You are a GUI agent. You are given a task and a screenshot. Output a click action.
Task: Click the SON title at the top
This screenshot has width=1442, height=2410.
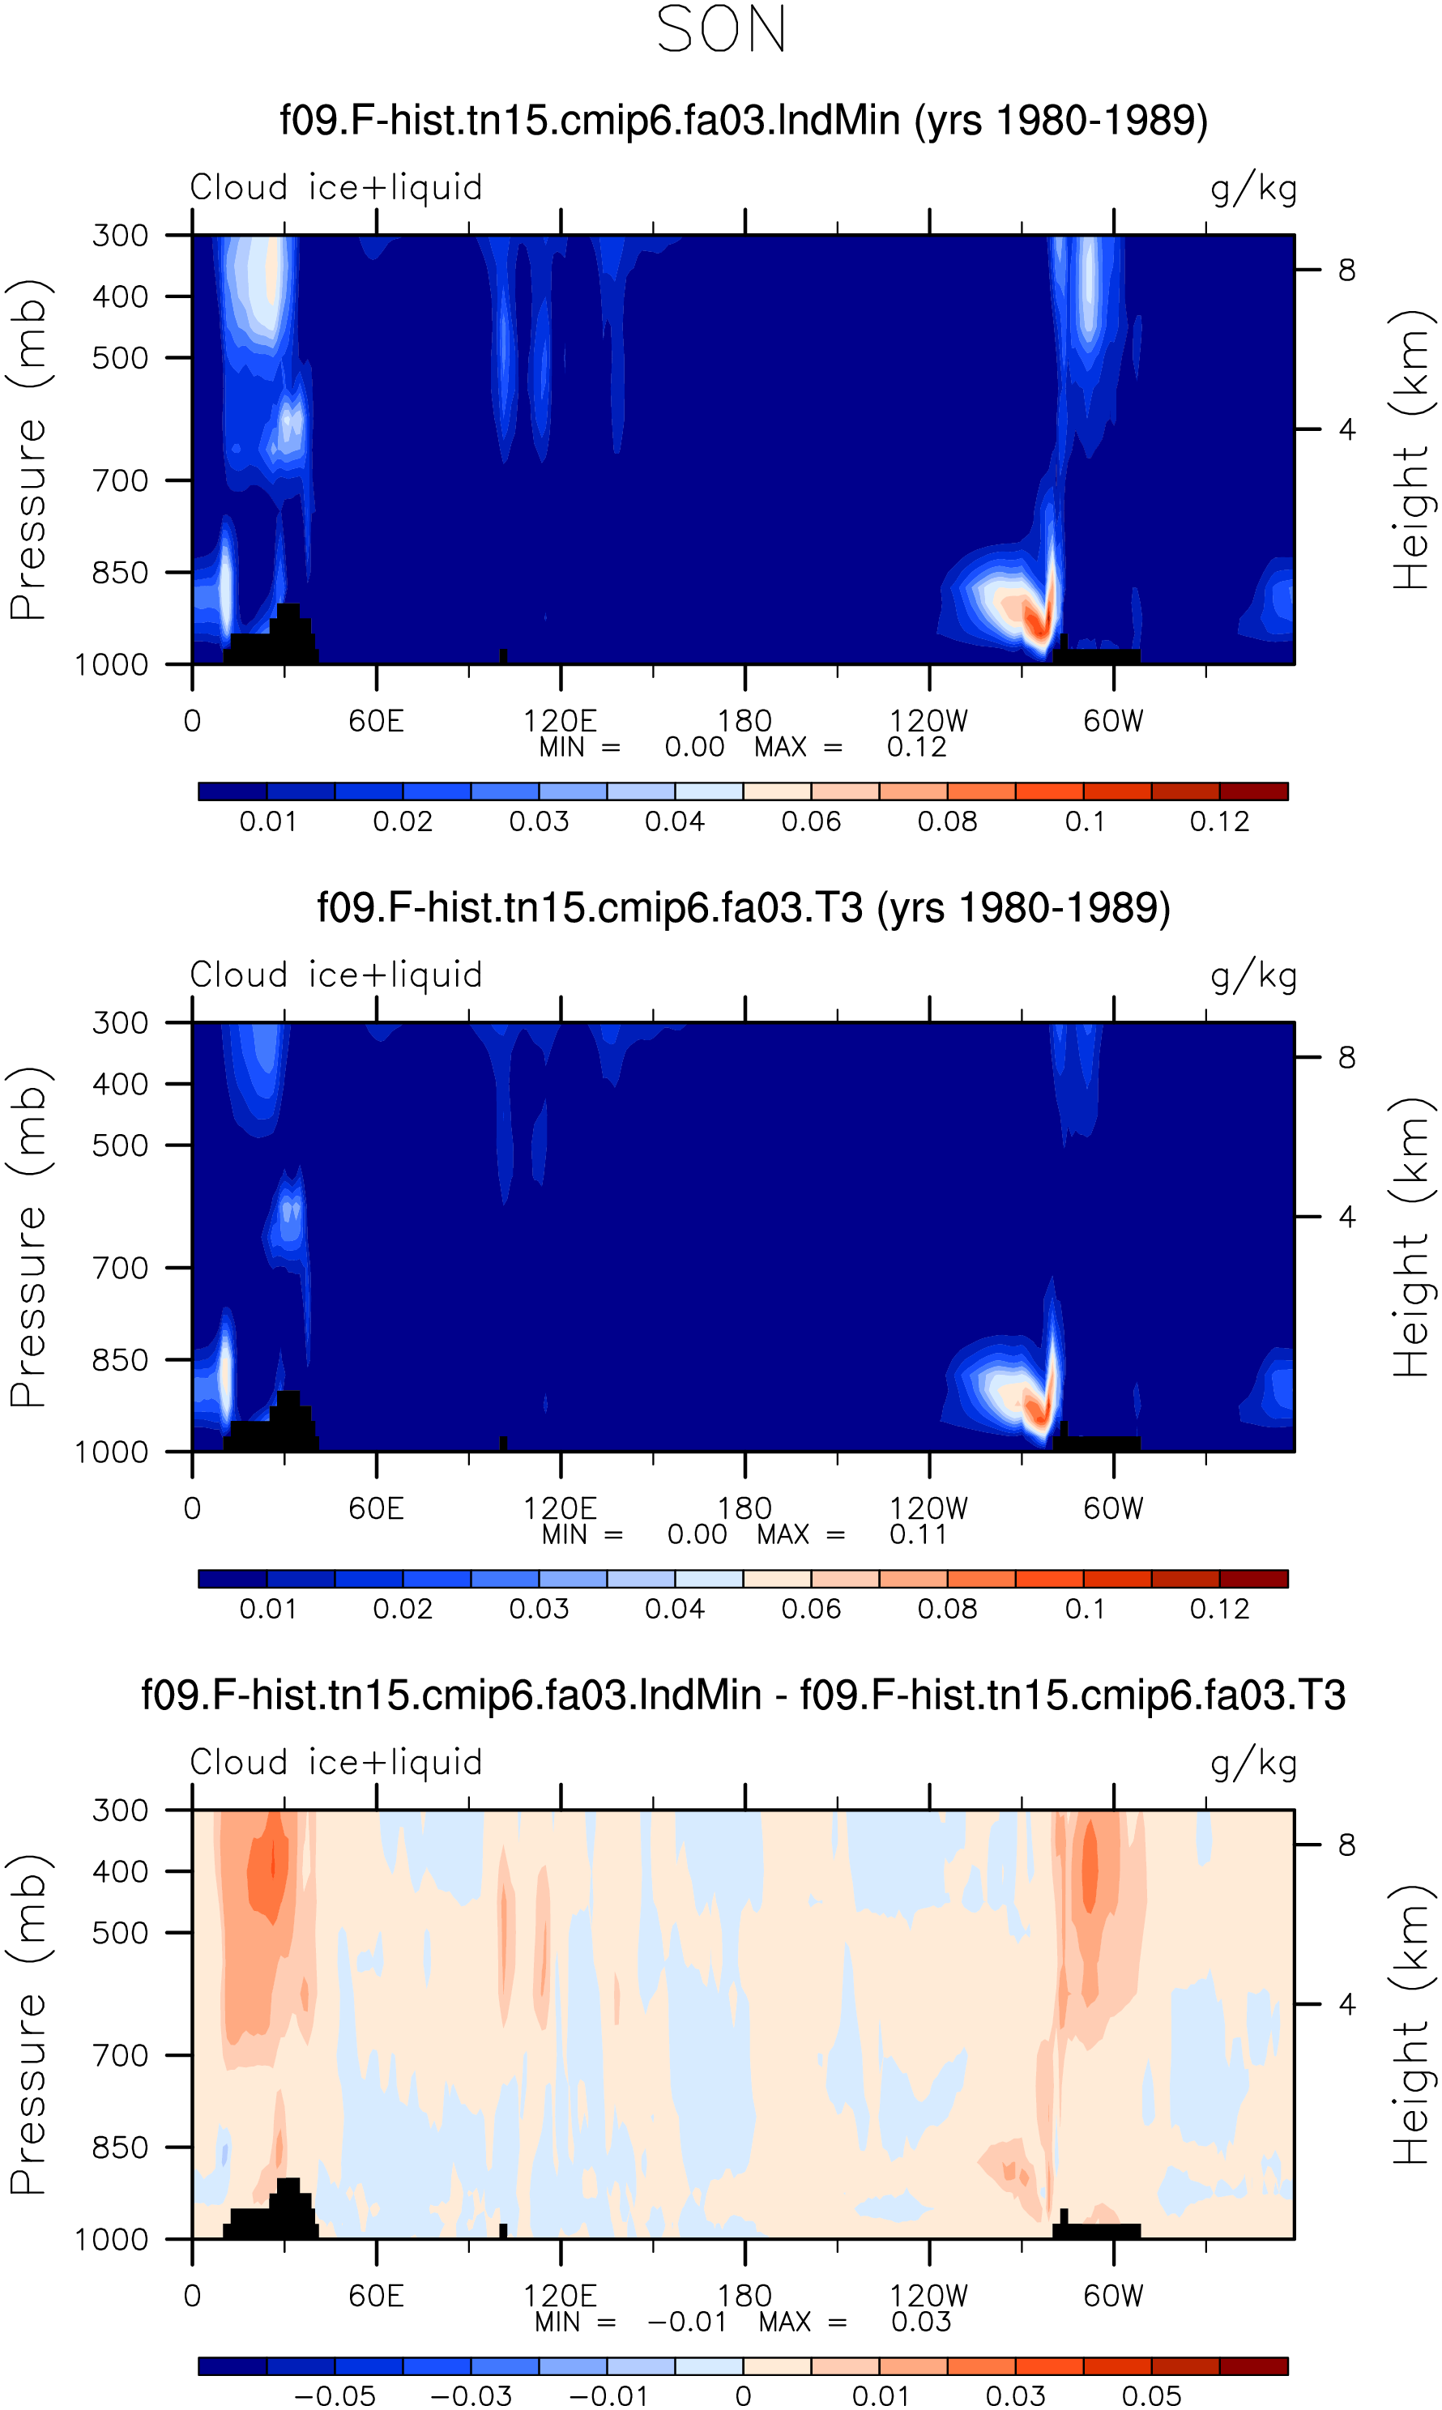pyautogui.click(x=721, y=29)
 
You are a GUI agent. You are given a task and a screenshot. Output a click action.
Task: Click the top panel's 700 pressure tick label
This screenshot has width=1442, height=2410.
pyautogui.click(x=121, y=480)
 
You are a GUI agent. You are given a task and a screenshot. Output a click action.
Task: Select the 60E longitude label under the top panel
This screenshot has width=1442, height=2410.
pyautogui.click(x=376, y=721)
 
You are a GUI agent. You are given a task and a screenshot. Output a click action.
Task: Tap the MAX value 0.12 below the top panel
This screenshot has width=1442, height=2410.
pyautogui.click(x=916, y=747)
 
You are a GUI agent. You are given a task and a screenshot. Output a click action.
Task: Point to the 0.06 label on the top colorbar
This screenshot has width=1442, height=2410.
pyautogui.click(x=810, y=821)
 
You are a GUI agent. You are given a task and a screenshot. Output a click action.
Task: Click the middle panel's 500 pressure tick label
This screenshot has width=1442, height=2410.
pyautogui.click(x=121, y=1145)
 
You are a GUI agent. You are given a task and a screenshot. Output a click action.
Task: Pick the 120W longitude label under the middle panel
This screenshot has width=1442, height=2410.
pyautogui.click(x=929, y=1508)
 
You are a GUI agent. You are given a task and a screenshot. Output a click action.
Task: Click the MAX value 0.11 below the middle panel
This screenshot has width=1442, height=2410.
pyautogui.click(x=918, y=1535)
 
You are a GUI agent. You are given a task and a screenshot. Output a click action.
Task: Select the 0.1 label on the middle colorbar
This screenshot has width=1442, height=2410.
pyautogui.click(x=1085, y=1610)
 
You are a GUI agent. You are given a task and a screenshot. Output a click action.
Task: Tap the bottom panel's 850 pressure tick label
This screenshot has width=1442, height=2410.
pyautogui.click(x=121, y=2147)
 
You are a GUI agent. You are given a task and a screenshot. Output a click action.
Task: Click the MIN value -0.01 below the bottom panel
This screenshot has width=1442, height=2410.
pyautogui.click(x=687, y=2323)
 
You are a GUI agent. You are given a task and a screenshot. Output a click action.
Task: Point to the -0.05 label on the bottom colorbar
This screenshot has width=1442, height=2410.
pyautogui.click(x=335, y=2396)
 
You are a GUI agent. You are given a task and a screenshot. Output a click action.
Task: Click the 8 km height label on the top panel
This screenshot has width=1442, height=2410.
pyautogui.click(x=1346, y=270)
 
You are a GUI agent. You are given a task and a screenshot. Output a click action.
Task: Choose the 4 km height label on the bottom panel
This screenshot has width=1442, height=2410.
pyautogui.click(x=1346, y=2003)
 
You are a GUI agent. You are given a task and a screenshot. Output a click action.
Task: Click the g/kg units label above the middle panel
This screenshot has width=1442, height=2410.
pyautogui.click(x=1253, y=976)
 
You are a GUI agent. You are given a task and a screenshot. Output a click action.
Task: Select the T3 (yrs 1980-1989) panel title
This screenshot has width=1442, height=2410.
pyautogui.click(x=744, y=908)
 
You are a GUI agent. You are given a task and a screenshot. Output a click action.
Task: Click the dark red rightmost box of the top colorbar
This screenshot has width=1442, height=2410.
pyautogui.click(x=1253, y=791)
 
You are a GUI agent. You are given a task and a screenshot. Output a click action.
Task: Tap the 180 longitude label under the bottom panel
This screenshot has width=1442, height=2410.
pyautogui.click(x=744, y=2297)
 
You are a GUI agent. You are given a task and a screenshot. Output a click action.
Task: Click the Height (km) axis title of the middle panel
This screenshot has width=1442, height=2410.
pyautogui.click(x=1412, y=1238)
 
